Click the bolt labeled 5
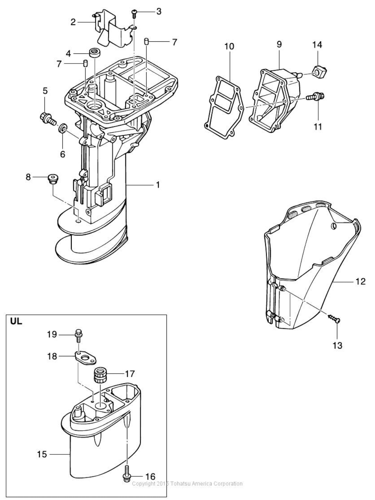47,117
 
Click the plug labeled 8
53,178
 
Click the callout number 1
158,185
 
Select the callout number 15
42,454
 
